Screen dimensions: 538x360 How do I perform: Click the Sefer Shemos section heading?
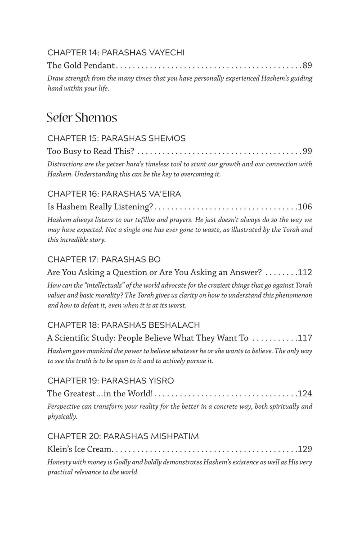82,118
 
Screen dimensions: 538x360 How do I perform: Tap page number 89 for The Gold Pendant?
307,65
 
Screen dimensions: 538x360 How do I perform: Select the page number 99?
307,151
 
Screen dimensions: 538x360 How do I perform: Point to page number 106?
305,207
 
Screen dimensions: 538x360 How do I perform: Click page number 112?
305,272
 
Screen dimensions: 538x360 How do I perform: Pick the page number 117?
305,338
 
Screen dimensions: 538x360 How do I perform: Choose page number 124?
305,393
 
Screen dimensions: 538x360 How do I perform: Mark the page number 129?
305,449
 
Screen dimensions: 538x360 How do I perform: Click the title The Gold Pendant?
81,65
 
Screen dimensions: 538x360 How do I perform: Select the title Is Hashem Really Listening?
100,207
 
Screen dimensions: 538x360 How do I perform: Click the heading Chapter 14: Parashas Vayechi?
116,53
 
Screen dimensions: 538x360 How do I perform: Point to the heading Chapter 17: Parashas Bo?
103,260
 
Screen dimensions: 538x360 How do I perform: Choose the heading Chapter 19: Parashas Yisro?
110,381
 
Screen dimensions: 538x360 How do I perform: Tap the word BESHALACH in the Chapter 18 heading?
174,325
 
